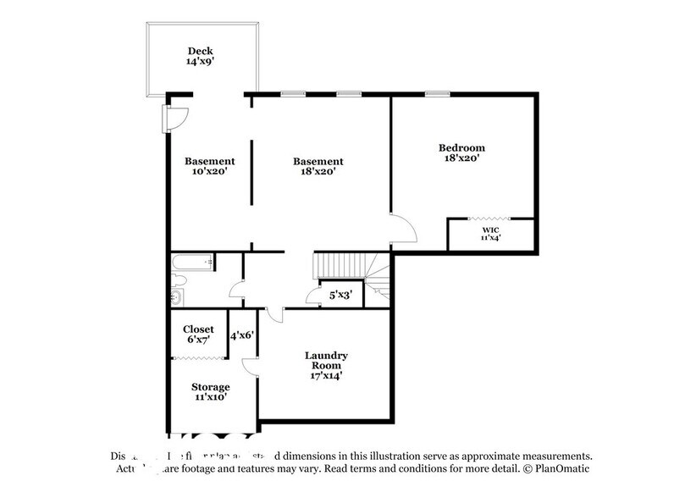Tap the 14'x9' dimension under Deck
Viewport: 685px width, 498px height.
202,62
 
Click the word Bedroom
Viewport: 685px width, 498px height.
462,147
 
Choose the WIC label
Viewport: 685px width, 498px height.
491,230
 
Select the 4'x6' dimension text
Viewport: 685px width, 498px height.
243,335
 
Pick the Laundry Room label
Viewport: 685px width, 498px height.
326,362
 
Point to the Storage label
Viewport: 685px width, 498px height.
209,387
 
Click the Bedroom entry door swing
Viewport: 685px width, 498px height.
401,229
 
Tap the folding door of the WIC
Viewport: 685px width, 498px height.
491,219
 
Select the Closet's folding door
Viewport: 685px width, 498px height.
199,360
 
